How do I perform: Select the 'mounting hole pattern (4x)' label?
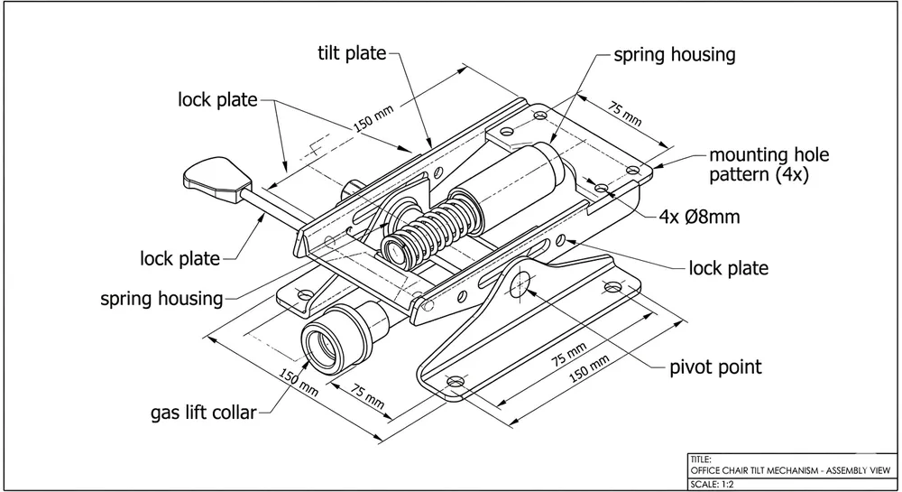pyautogui.click(x=769, y=165)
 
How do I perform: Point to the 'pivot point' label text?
pyautogui.click(x=714, y=367)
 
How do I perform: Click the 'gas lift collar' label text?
pyautogui.click(x=203, y=413)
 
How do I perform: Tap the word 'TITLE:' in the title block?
pyautogui.click(x=701, y=459)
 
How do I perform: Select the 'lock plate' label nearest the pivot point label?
pyautogui.click(x=728, y=268)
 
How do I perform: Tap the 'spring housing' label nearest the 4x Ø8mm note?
pyautogui.click(x=674, y=54)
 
